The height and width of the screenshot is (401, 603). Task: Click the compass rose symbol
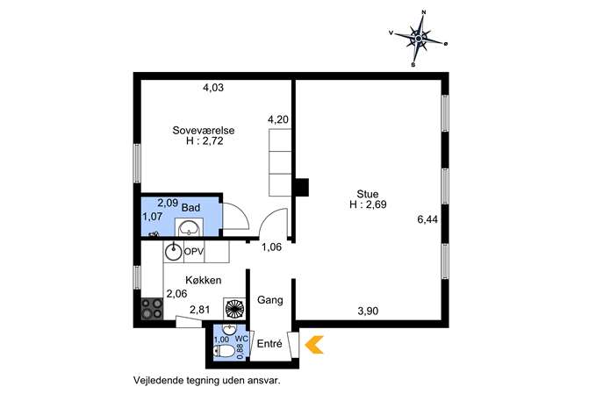click(x=419, y=39)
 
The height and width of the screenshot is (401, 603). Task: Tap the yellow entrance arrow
click(x=314, y=345)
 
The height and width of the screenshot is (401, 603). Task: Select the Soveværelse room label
click(x=204, y=131)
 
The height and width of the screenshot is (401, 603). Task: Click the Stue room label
click(x=368, y=194)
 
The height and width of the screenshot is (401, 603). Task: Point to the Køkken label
click(x=204, y=280)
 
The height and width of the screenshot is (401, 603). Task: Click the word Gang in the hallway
click(x=270, y=300)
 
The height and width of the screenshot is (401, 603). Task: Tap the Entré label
click(x=269, y=344)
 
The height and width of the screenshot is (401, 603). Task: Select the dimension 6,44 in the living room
click(x=427, y=219)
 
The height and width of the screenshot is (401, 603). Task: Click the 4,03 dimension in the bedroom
click(x=213, y=88)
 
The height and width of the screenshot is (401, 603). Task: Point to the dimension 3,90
click(x=368, y=311)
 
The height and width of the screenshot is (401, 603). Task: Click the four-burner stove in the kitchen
click(x=152, y=309)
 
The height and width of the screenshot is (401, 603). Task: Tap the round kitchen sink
click(x=174, y=252)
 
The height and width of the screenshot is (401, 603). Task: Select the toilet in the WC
click(x=224, y=351)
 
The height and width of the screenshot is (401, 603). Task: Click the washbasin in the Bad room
click(x=189, y=227)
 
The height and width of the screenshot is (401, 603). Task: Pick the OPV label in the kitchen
click(x=194, y=252)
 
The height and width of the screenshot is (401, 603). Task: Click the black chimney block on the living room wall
click(x=302, y=188)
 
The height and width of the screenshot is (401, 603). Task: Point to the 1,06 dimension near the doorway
click(x=272, y=247)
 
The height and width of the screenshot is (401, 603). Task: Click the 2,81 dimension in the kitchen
click(x=199, y=310)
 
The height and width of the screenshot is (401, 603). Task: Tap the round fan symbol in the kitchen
click(x=234, y=309)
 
